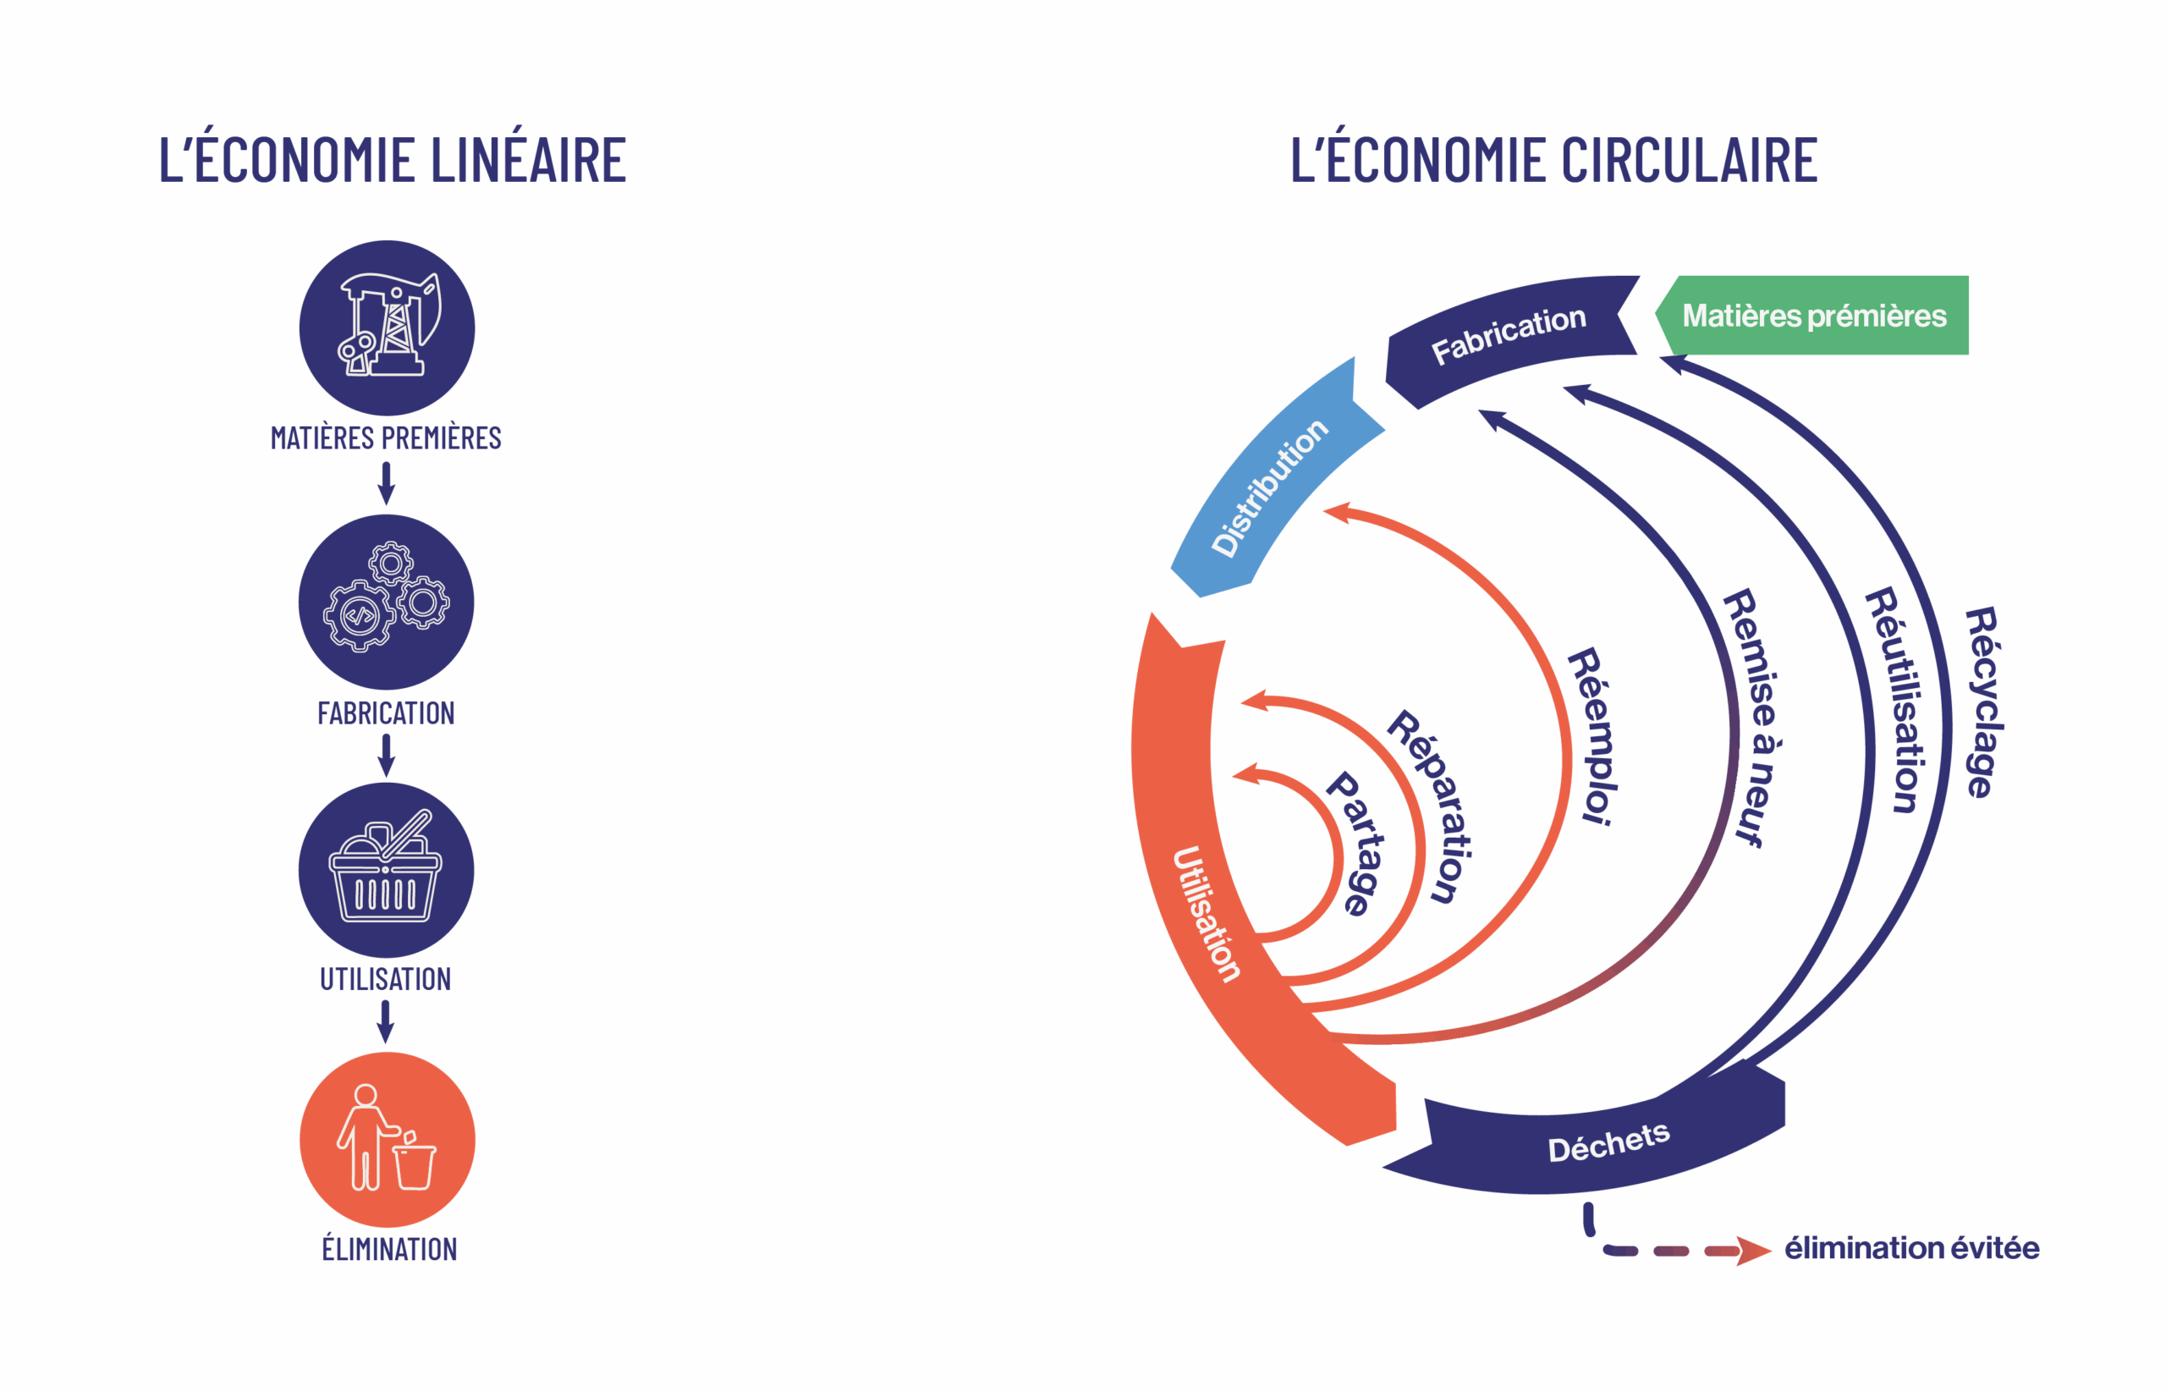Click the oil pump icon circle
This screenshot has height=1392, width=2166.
387,327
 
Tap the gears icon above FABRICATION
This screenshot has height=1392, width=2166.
386,601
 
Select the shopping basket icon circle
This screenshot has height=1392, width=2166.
386,870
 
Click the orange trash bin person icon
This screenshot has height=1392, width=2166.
387,1139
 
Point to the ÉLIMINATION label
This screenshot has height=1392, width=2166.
389,1249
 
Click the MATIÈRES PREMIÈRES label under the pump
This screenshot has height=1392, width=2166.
386,438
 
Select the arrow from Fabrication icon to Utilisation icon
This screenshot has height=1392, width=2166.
386,755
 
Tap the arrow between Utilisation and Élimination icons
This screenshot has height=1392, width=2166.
386,1021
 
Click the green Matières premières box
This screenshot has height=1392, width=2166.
1813,316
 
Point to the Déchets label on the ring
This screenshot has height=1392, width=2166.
1608,1142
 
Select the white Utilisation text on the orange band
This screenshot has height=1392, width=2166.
1207,913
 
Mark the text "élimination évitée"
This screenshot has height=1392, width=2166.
1911,1248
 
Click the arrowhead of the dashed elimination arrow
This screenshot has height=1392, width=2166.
1754,1251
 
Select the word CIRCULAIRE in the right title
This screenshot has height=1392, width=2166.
1689,160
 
